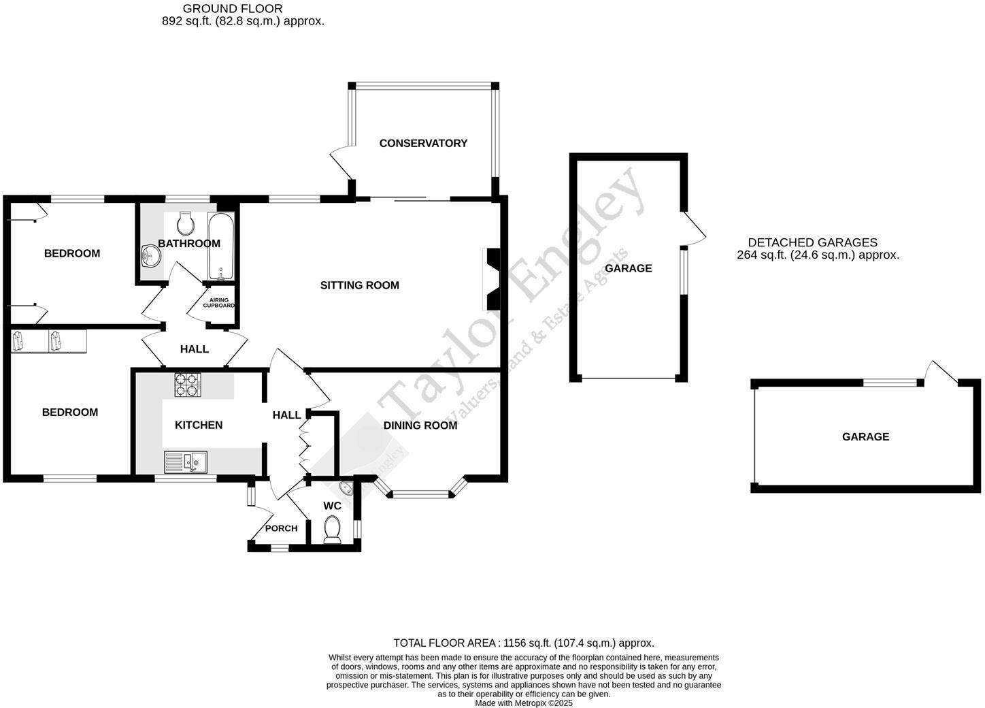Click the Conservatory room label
click(x=423, y=143)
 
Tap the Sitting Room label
click(x=359, y=285)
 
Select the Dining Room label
click(x=420, y=425)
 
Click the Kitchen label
click(x=199, y=425)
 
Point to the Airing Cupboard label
click(x=218, y=303)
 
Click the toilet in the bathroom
click(x=185, y=222)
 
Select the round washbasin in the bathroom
click(x=150, y=257)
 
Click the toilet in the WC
click(x=332, y=529)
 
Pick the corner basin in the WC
click(x=346, y=489)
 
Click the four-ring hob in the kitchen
click(x=188, y=385)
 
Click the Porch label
click(x=281, y=528)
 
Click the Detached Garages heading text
click(x=812, y=242)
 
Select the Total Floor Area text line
click(x=523, y=643)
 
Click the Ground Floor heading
click(x=233, y=9)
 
